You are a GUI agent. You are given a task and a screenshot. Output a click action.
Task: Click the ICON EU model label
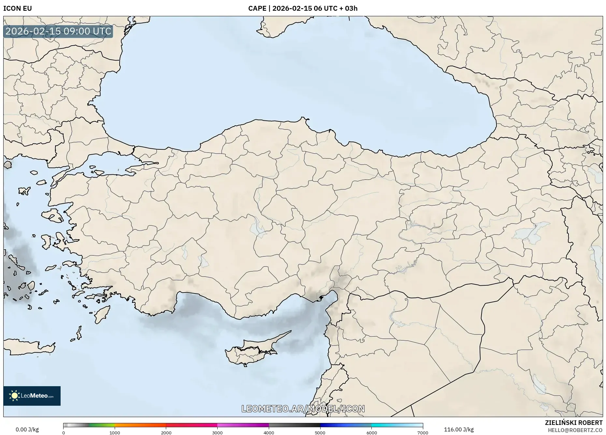pos(18,8)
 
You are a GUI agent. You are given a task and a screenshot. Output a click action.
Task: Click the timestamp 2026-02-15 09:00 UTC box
pos(58,31)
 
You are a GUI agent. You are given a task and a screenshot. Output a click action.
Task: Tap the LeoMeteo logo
pos(32,396)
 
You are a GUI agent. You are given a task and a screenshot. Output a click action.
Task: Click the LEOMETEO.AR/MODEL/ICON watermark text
pos(303,409)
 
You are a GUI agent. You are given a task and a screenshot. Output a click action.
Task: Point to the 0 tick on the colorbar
pos(64,433)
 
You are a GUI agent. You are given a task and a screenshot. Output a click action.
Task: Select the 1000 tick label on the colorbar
pos(115,433)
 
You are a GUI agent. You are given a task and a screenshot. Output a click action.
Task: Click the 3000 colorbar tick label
pos(217,433)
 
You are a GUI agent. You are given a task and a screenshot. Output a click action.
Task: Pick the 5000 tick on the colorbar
pos(320,433)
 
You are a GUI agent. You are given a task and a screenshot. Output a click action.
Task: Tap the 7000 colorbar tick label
pos(423,433)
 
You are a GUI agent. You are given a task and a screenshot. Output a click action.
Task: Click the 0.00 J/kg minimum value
pos(27,429)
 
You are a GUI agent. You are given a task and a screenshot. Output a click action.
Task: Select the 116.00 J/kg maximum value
pos(459,429)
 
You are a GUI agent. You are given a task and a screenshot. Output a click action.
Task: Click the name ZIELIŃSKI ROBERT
pos(573,423)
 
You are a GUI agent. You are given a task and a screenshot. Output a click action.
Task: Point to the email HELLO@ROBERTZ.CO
pos(575,430)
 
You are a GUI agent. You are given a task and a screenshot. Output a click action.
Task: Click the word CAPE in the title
pos(257,8)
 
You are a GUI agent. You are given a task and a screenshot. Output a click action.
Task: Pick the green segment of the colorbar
pos(102,425)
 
